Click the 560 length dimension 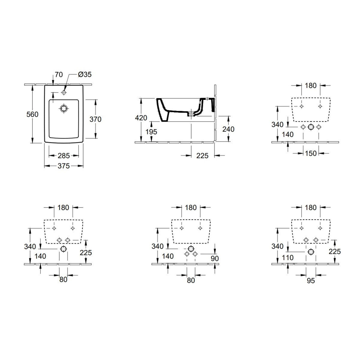pyautogui.click(x=32, y=114)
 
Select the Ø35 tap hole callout pyautogui.click(x=85, y=74)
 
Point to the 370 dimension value pyautogui.click(x=96, y=119)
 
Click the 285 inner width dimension pyautogui.click(x=64, y=155)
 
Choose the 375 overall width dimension pyautogui.click(x=64, y=166)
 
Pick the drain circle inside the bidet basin pyautogui.click(x=64, y=108)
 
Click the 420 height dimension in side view pyautogui.click(x=141, y=118)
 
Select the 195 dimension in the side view pyautogui.click(x=151, y=131)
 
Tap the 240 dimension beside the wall pyautogui.click(x=228, y=129)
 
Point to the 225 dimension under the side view pyautogui.click(x=202, y=156)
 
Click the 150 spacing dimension pyautogui.click(x=310, y=153)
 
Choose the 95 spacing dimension pyautogui.click(x=311, y=280)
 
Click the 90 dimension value pyautogui.click(x=214, y=258)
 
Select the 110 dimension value pyautogui.click(x=288, y=257)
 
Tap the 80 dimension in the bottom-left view pyautogui.click(x=63, y=279)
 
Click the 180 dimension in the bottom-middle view pyautogui.click(x=191, y=207)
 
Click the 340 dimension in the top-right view pyautogui.click(x=277, y=124)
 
